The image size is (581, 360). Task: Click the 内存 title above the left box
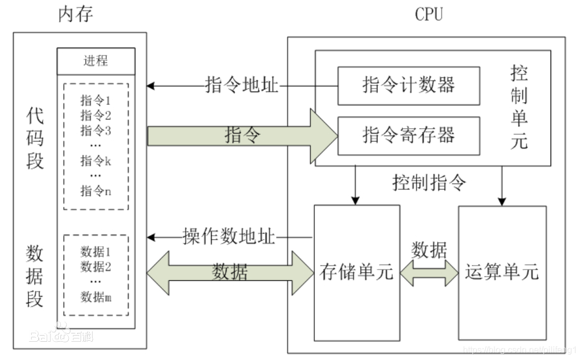(75, 14)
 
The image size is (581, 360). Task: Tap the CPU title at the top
(429, 14)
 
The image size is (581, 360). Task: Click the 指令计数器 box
(409, 85)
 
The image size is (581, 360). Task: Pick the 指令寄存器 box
(409, 135)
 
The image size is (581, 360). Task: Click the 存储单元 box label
(356, 272)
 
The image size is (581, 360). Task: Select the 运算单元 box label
(502, 272)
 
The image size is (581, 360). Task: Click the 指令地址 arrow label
(242, 86)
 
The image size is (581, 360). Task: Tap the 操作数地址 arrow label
(229, 237)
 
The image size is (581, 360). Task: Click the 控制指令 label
(430, 182)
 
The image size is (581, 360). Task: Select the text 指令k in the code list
(96, 161)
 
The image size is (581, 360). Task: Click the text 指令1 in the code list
(96, 101)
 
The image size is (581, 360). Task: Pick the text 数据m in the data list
(96, 297)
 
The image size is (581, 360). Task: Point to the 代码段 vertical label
(35, 139)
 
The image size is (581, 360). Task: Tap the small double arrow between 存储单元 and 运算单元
(429, 272)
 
